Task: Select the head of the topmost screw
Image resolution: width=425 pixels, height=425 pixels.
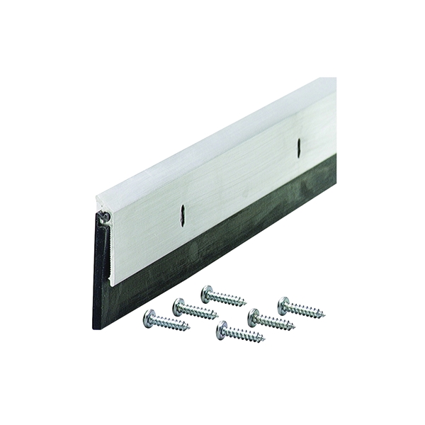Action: (208, 293)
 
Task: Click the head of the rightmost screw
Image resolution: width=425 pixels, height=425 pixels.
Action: (284, 306)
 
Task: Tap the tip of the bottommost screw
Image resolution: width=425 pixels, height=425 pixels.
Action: (264, 341)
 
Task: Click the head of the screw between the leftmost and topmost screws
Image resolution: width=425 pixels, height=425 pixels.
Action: (180, 307)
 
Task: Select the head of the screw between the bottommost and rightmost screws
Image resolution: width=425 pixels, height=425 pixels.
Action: (254, 318)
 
